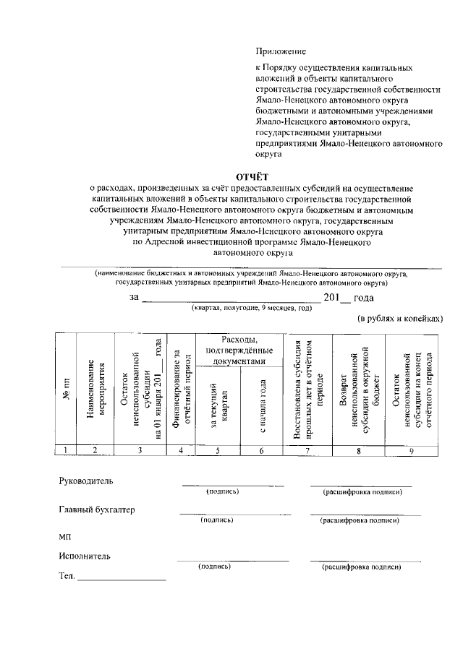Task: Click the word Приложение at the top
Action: (281, 51)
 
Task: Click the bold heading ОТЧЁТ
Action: (252, 176)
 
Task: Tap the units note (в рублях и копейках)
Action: (399, 318)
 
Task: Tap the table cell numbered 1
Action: (66, 450)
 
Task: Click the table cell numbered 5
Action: (218, 450)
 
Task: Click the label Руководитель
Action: (85, 481)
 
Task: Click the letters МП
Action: (65, 536)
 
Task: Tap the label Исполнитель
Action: (85, 556)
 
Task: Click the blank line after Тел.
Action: (122, 578)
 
